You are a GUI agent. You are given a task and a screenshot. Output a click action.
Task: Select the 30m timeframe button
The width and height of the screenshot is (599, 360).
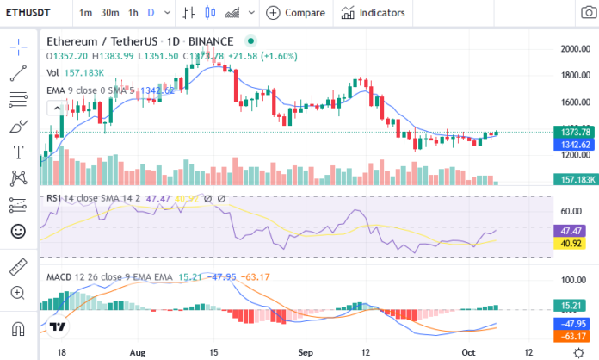[x=109, y=13]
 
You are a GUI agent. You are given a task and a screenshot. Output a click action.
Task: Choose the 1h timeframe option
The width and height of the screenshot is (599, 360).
[x=133, y=13]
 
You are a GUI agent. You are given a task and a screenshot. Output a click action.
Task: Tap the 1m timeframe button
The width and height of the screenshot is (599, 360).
[x=86, y=13]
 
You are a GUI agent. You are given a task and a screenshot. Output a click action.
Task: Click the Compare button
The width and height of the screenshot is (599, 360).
[x=297, y=13]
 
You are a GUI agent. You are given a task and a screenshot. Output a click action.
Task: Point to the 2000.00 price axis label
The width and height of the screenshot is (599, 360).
[x=572, y=49]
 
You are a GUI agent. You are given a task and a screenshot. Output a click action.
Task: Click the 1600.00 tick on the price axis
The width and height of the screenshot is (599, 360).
[x=572, y=102]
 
